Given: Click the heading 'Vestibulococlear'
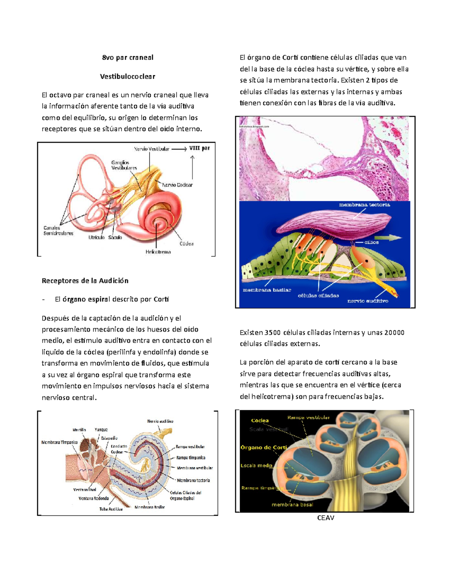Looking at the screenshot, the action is [127, 76].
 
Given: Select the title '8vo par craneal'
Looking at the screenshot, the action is [127, 58].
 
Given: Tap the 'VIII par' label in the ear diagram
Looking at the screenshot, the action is [199, 148].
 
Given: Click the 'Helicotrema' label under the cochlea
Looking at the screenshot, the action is [158, 252].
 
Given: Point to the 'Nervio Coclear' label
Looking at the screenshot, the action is [177, 185].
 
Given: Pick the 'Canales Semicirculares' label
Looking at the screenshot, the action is [58, 230].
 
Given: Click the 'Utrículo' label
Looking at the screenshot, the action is [96, 238].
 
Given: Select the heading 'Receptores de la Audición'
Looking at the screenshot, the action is [85, 281].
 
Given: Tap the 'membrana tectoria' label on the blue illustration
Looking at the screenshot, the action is [364, 205].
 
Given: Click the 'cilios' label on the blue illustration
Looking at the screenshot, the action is [371, 242].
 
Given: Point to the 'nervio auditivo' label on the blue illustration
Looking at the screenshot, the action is [367, 301].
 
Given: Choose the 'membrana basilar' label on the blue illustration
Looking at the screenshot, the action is [267, 290].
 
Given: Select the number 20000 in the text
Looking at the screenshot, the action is [394, 332].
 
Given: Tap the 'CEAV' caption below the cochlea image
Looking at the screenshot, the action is [325, 518].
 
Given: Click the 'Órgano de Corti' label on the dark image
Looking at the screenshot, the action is [264, 447].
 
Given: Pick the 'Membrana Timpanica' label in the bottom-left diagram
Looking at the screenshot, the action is [59, 442].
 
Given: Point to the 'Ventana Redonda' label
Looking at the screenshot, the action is [93, 498].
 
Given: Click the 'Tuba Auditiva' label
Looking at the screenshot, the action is [111, 509].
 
